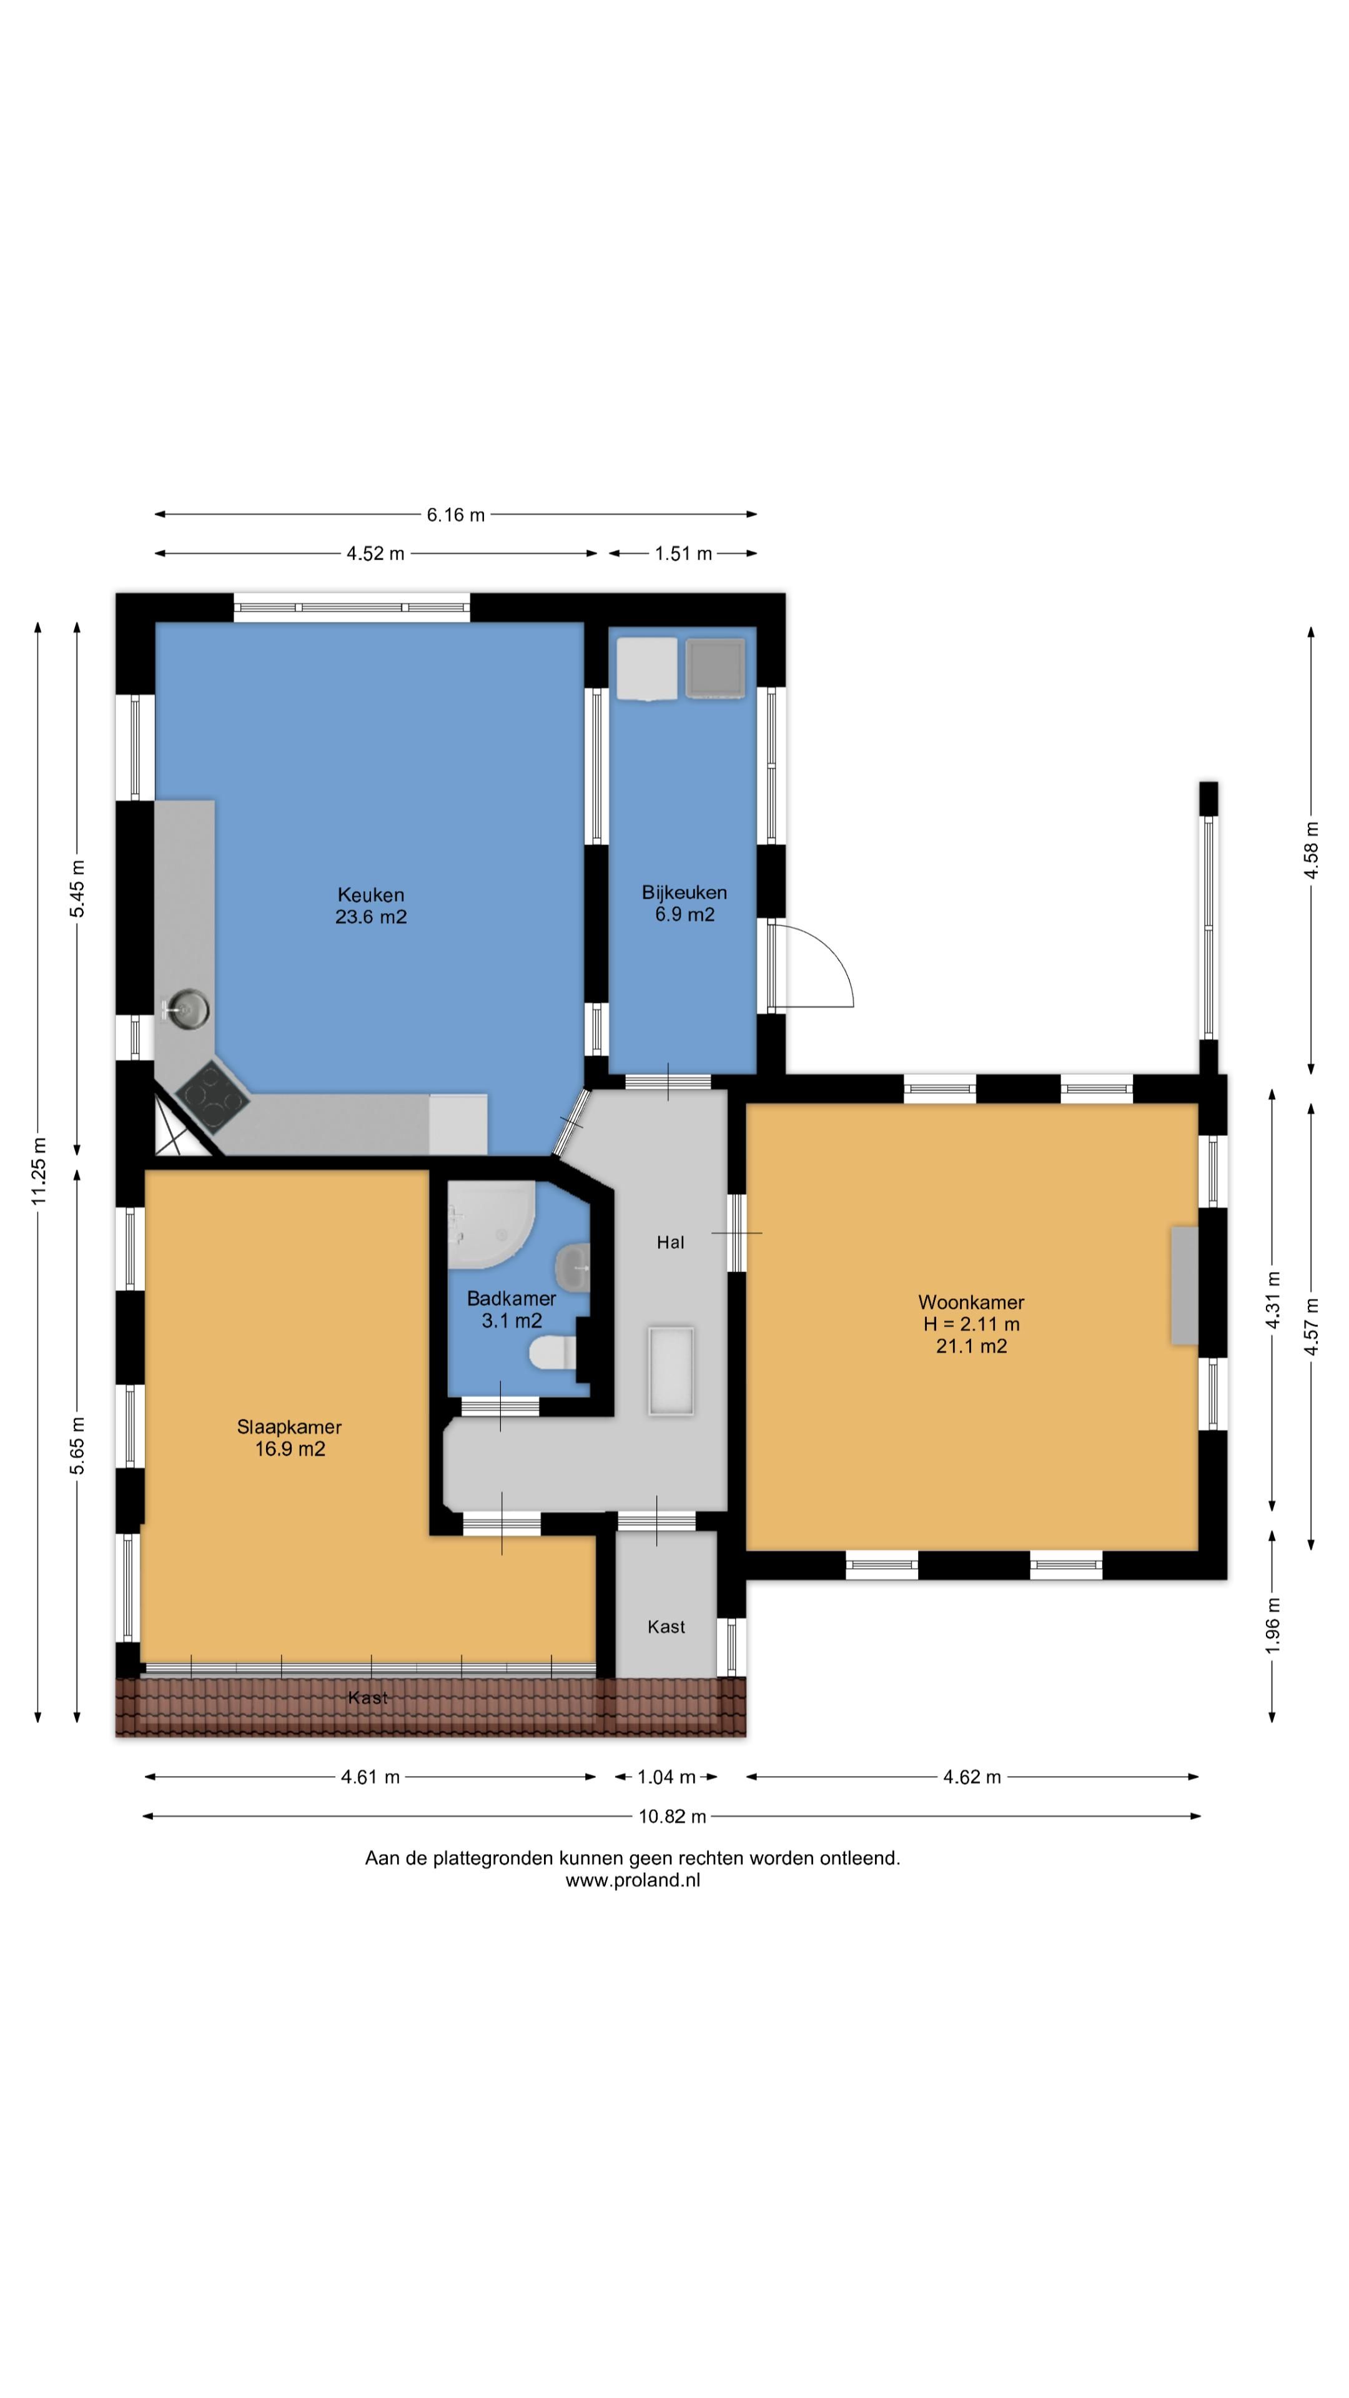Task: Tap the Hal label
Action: tap(670, 1242)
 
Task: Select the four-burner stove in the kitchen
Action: tap(212, 1098)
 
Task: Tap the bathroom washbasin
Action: tap(573, 1266)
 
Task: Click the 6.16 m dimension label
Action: tap(455, 515)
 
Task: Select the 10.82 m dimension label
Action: tap(672, 1816)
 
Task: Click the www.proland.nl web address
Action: tap(633, 1880)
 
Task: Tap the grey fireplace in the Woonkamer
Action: tap(1184, 1286)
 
